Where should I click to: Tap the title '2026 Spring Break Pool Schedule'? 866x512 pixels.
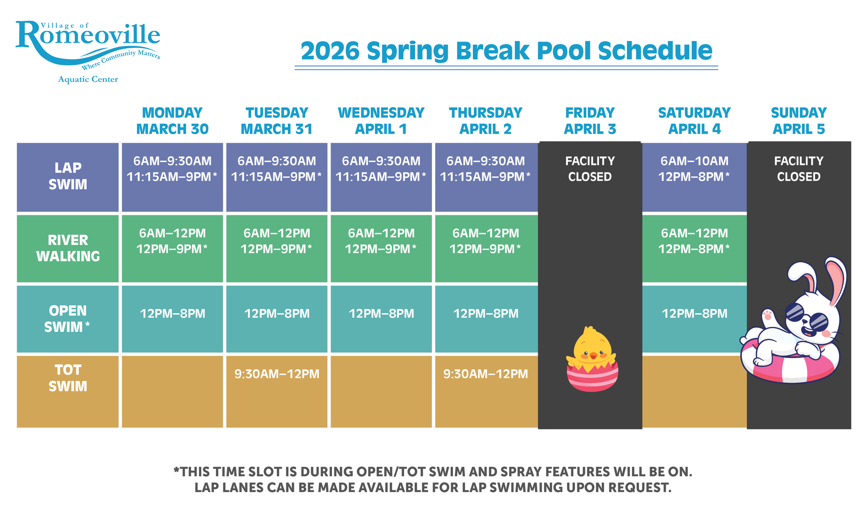coord(506,51)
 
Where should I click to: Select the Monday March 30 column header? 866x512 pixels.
coord(172,121)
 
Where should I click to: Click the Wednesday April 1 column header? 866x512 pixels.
coord(381,121)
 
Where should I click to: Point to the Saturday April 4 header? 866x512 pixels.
coord(695,121)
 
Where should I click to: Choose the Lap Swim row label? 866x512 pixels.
coord(68,176)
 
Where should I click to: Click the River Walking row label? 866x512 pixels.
coord(68,248)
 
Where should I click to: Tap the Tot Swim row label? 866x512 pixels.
coord(68,378)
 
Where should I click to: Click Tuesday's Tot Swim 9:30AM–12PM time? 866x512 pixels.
coord(277,374)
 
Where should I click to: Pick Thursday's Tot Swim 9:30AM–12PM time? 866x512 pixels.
coord(486,374)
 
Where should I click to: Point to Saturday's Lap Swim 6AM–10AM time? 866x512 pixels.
coord(695,161)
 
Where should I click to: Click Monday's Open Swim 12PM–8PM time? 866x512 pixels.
coord(172,313)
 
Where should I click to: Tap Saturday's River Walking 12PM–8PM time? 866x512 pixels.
coord(694,249)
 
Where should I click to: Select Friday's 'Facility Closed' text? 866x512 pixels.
coord(590,169)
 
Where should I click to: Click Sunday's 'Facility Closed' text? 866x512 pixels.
coord(799,169)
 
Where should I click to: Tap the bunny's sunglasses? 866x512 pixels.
coord(807,317)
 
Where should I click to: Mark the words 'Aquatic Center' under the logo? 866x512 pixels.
coord(88,79)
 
